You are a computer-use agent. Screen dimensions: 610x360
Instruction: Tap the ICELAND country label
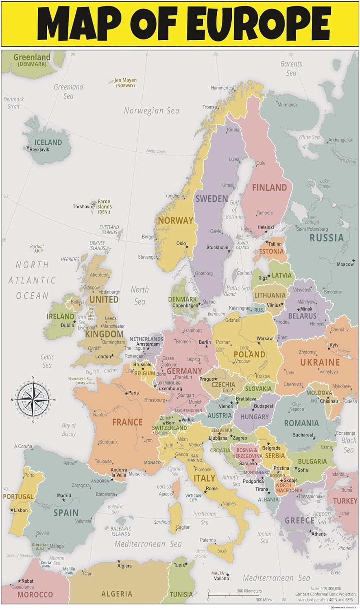point(48,142)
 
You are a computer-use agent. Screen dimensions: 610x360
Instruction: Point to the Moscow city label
point(345,264)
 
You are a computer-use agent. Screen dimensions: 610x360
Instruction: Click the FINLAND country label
point(269,187)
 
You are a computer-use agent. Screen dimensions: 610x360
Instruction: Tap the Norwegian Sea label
point(151,111)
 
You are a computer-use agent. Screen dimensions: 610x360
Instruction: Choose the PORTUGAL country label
point(18,497)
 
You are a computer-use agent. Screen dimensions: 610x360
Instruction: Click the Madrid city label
point(64,496)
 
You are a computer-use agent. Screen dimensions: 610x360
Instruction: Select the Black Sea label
point(349,445)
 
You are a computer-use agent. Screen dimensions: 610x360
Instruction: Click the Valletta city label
point(222,578)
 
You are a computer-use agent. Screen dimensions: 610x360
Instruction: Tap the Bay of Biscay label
point(69,429)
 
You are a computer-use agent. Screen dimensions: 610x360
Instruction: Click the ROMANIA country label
point(301,423)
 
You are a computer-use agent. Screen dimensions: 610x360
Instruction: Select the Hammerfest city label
point(223,88)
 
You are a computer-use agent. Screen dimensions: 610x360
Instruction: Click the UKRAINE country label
point(320,362)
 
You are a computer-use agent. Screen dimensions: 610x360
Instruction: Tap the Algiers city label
point(124,566)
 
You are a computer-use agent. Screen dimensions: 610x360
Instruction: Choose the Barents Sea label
point(291,68)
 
